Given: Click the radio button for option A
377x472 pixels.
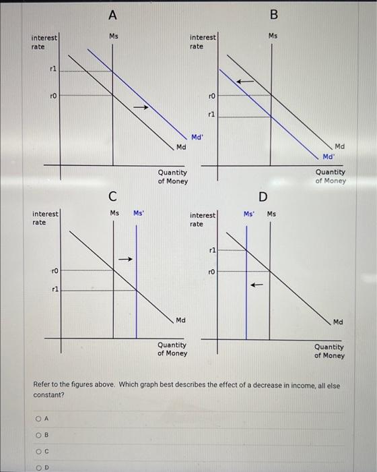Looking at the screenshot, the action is [x=38, y=417].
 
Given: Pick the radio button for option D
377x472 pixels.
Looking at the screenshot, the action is [x=38, y=465].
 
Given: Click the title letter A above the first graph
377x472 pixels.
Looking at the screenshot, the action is [x=112, y=13].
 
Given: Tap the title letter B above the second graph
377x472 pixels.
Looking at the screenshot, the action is [x=273, y=14].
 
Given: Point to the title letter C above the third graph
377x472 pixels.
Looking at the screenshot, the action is [x=113, y=196].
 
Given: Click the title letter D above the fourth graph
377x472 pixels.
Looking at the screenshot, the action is [x=263, y=196].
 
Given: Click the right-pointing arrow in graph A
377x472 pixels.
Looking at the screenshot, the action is [x=140, y=107].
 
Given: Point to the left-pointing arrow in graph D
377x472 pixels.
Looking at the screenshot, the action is [x=254, y=285].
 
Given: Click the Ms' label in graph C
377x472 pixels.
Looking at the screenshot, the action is [x=139, y=213].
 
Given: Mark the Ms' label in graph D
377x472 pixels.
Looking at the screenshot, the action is [x=249, y=214].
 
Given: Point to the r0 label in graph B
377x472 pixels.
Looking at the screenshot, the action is [x=211, y=96].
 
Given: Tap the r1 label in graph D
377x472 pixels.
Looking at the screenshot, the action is [x=211, y=250].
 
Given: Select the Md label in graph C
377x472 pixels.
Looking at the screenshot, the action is [x=180, y=320].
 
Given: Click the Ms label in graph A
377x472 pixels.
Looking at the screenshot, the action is [x=114, y=36].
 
